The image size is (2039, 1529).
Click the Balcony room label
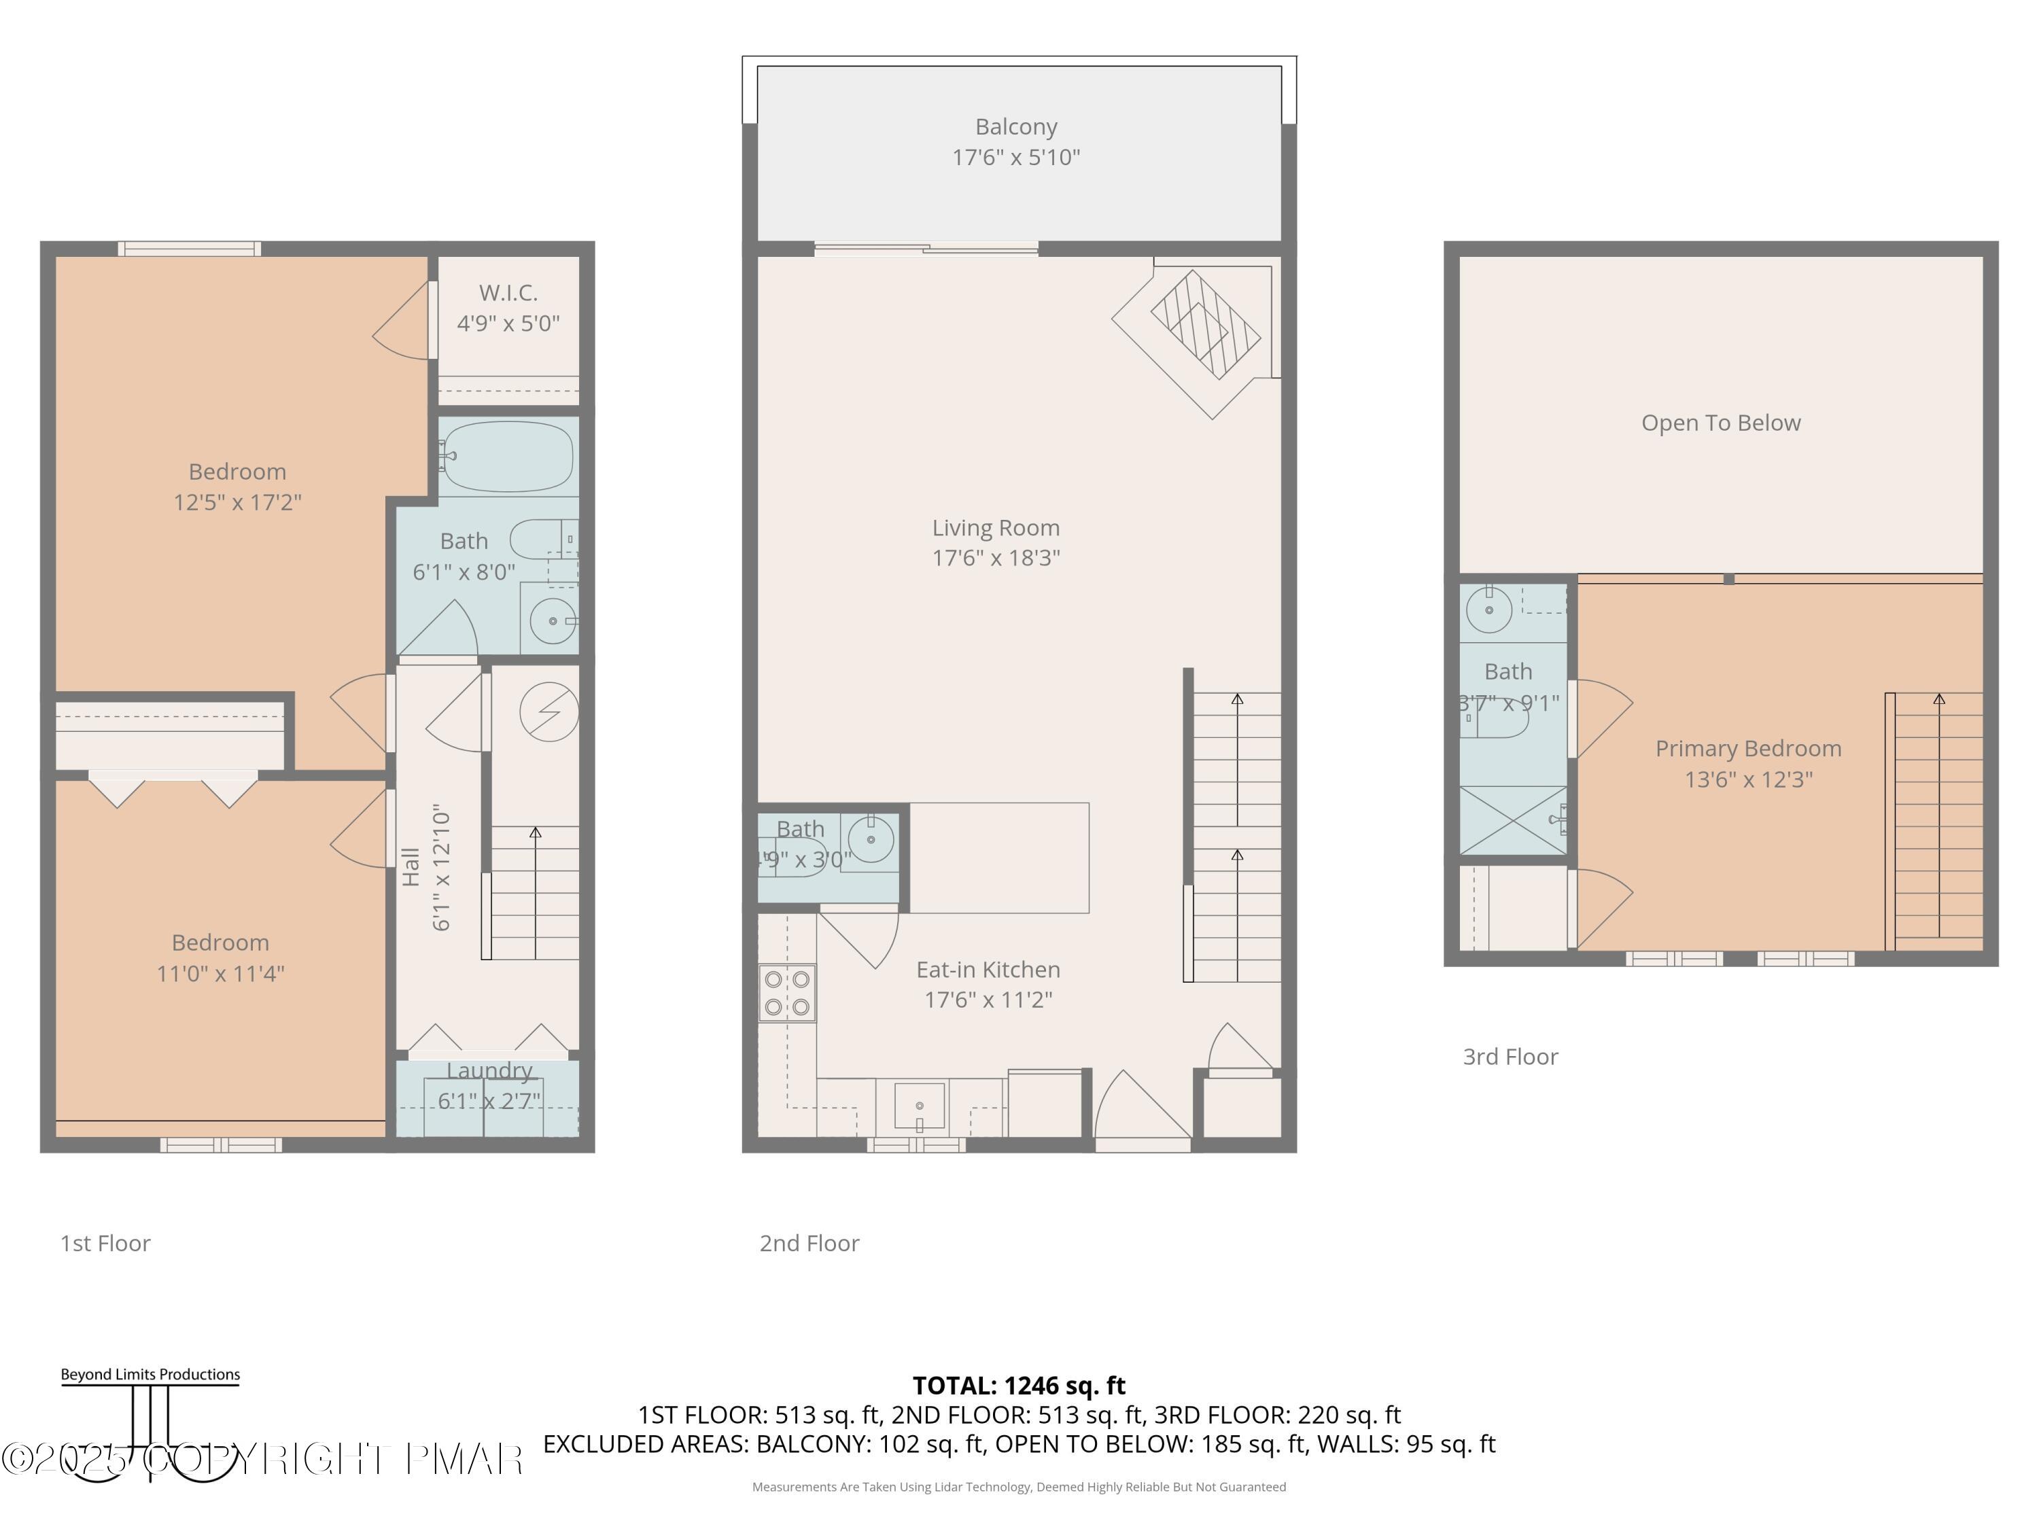click(x=1016, y=127)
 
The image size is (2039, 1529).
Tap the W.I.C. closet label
click(x=508, y=293)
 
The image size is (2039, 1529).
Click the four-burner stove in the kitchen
click(x=787, y=993)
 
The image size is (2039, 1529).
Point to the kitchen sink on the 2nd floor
click(x=919, y=1106)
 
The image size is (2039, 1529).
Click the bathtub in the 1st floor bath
click(x=507, y=456)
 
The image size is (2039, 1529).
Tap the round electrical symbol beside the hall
click(x=548, y=711)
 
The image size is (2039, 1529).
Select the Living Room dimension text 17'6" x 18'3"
click(x=996, y=559)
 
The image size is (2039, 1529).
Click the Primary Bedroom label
click(x=1747, y=748)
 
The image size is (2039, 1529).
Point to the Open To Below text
click(x=1720, y=423)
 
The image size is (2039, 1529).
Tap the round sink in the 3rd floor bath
click(x=1488, y=610)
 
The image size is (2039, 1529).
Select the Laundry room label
click(x=489, y=1071)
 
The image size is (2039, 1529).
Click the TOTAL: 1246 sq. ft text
click(x=1019, y=1385)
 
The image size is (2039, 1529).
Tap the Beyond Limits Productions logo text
click(x=150, y=1374)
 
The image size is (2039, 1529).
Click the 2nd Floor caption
click(x=809, y=1244)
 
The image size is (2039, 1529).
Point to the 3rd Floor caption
click(x=1510, y=1057)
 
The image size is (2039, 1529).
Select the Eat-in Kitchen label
click(x=988, y=970)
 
